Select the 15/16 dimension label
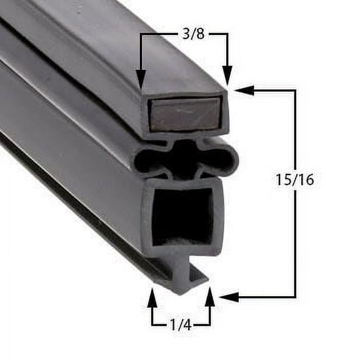(x=294, y=180)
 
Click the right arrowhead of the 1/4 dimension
(x=210, y=297)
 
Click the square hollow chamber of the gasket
(x=182, y=216)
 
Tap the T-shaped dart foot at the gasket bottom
(x=186, y=275)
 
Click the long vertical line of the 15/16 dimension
(x=295, y=237)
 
